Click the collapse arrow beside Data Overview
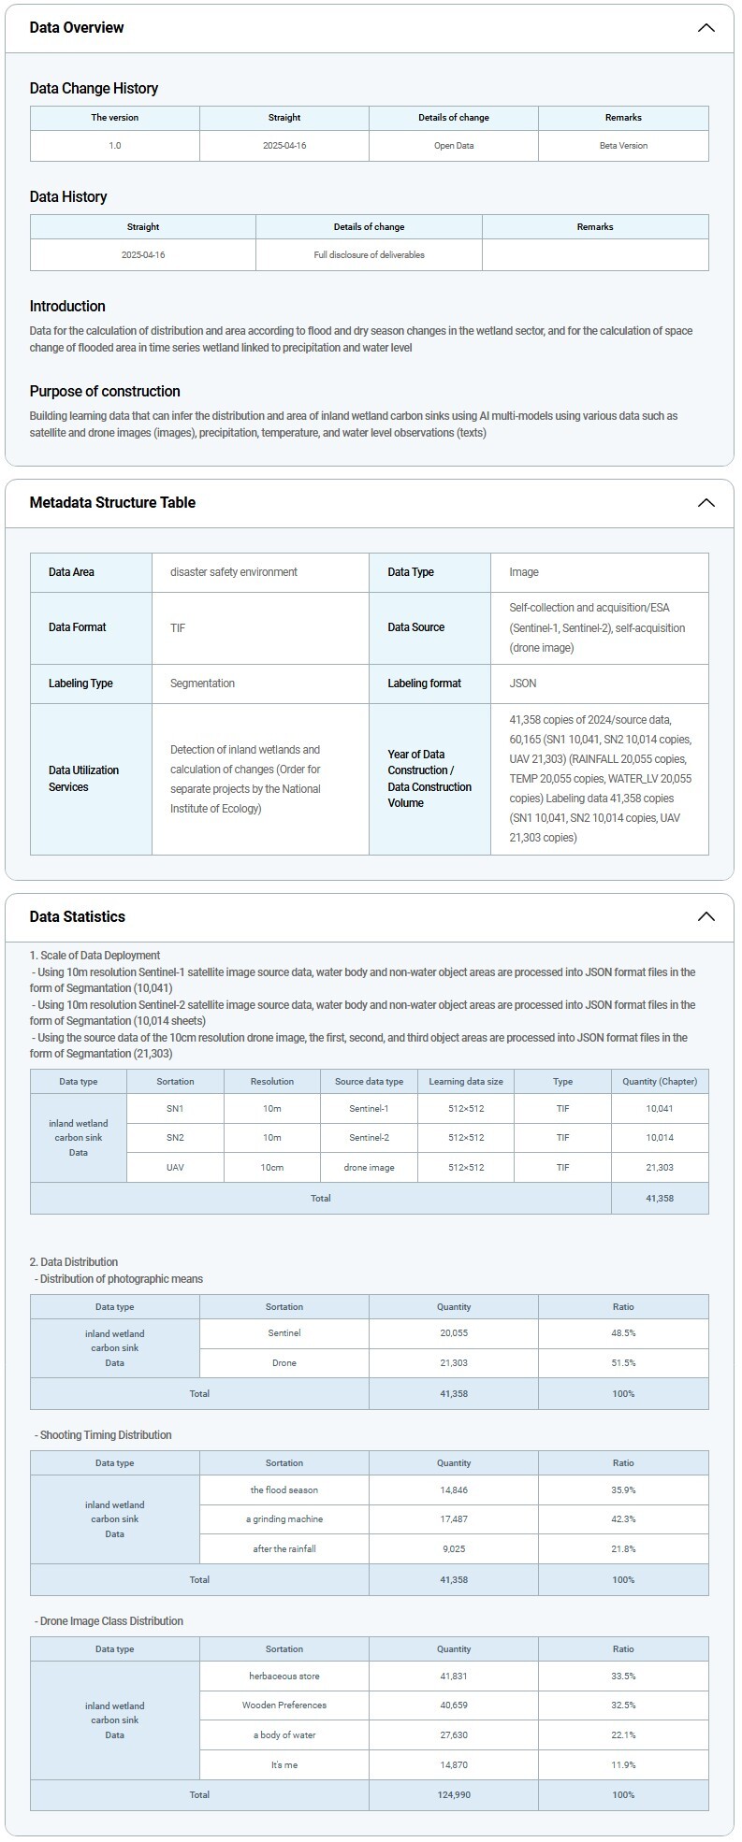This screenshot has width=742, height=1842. (x=706, y=28)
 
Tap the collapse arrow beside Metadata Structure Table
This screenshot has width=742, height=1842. (x=706, y=503)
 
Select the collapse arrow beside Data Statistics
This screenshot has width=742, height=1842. (x=706, y=917)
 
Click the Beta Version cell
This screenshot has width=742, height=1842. (x=623, y=146)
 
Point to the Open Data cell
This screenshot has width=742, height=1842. (x=453, y=146)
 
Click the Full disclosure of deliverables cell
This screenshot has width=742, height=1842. (x=369, y=255)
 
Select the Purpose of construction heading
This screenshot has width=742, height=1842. (x=105, y=392)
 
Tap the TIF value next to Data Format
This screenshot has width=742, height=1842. (x=178, y=628)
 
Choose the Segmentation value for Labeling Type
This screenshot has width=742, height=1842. (x=202, y=684)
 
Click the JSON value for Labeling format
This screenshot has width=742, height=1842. (x=523, y=684)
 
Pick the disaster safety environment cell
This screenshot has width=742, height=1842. (x=234, y=572)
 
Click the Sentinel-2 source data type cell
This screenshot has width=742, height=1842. (x=369, y=1138)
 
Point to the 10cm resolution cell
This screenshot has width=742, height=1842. (x=272, y=1168)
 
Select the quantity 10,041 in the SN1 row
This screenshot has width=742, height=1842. (x=659, y=1109)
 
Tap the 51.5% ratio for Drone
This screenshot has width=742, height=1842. (x=623, y=1363)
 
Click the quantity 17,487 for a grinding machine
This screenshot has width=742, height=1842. (x=454, y=1519)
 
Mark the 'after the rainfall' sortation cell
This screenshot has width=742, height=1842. (x=284, y=1549)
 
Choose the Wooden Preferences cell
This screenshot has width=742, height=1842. (x=284, y=1705)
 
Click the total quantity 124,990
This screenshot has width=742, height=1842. (x=454, y=1795)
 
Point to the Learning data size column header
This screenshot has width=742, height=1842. (x=466, y=1082)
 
